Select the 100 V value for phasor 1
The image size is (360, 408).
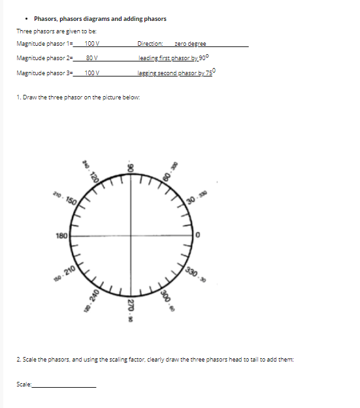(91, 44)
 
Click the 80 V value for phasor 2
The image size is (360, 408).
(91, 58)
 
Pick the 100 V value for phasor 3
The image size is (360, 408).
(91, 73)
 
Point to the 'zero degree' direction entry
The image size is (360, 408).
(190, 44)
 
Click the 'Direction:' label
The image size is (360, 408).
(150, 44)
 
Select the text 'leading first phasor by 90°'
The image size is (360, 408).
(172, 58)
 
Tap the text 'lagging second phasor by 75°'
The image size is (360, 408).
(176, 72)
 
